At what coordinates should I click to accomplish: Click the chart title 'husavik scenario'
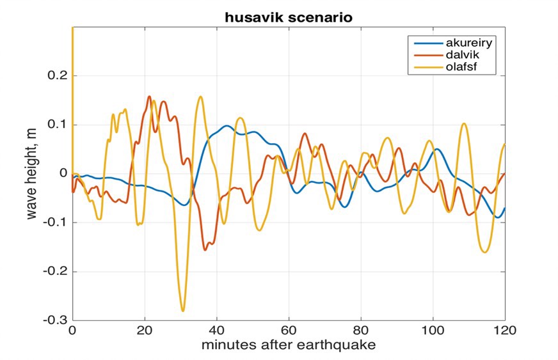tap(288, 18)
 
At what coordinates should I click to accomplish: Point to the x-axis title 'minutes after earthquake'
tap(288, 345)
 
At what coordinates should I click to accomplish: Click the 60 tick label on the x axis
tap(289, 331)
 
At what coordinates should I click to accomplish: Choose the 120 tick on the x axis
tap(504, 331)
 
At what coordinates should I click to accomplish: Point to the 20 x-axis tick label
tap(145, 331)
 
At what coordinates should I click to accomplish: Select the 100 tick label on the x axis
tap(433, 331)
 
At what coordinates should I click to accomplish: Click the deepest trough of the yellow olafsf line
tap(183, 311)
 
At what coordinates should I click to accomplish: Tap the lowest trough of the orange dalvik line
tap(205, 249)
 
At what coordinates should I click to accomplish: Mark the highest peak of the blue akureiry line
tap(227, 125)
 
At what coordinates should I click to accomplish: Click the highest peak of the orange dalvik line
tap(149, 97)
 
